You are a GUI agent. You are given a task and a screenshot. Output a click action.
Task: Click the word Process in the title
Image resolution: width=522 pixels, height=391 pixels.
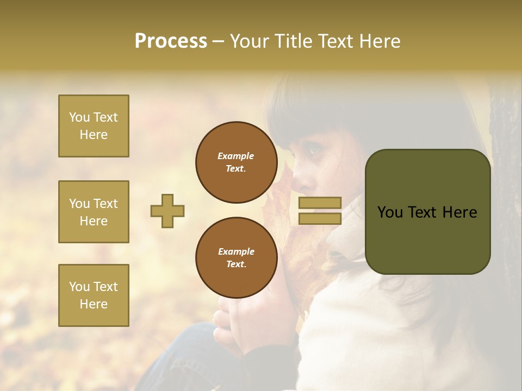[x=171, y=41]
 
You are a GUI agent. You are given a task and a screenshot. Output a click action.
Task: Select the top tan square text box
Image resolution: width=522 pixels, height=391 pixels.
[x=94, y=126]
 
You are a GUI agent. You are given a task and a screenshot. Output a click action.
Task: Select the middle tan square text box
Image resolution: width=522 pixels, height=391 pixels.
[x=94, y=212]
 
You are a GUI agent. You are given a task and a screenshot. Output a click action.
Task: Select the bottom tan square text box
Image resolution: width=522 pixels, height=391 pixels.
[x=94, y=295]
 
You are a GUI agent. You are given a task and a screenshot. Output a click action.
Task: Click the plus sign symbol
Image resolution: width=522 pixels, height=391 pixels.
[x=167, y=211]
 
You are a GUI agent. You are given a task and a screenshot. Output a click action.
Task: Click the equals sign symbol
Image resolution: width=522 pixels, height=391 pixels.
[x=320, y=211]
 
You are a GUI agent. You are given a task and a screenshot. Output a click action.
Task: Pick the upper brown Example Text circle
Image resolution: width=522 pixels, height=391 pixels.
[x=236, y=162]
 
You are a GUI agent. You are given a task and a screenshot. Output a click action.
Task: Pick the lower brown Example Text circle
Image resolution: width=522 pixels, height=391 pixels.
[x=236, y=257]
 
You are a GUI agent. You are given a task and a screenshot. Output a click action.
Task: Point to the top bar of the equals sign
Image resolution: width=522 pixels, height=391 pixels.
[x=320, y=203]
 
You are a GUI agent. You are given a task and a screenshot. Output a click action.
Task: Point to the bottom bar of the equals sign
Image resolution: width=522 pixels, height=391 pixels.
[x=320, y=218]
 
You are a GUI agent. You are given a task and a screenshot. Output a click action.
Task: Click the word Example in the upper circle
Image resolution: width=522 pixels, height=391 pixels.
[x=236, y=156]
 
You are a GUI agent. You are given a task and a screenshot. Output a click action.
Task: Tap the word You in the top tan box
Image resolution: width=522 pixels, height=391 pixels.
[x=79, y=117]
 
